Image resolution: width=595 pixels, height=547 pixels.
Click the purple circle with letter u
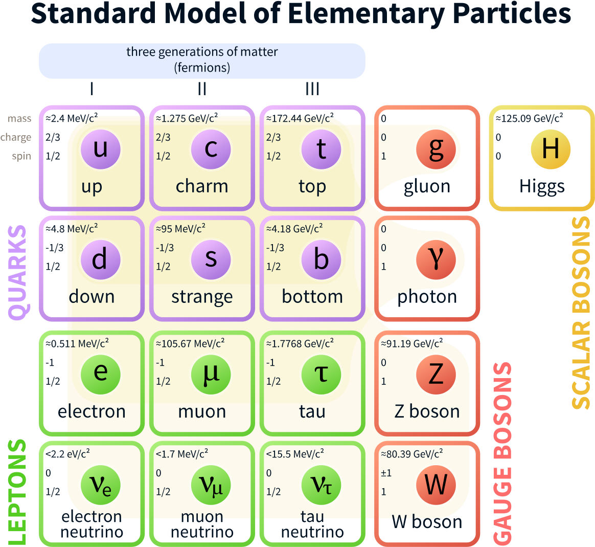[101, 149]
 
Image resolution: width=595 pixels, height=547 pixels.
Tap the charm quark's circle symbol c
[211, 149]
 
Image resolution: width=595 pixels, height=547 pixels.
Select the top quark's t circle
[321, 149]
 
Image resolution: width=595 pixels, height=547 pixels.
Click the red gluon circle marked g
[436, 149]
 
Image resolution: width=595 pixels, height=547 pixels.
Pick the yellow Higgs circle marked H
[551, 149]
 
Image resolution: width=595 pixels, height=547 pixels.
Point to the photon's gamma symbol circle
[436, 259]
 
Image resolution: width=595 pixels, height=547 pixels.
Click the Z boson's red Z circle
[436, 374]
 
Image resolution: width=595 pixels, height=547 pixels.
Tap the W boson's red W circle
[436, 485]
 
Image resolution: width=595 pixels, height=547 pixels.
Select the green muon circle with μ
[211, 374]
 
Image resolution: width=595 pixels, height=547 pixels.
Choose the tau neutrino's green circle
[321, 485]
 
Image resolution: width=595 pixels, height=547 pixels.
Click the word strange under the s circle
[202, 297]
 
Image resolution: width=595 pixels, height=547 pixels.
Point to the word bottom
[312, 297]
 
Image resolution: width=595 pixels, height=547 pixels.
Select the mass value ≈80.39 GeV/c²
[411, 454]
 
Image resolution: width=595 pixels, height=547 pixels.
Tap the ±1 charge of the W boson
[386, 473]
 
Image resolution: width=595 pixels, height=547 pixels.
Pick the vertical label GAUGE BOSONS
[502, 453]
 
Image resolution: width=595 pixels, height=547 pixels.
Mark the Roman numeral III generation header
[312, 89]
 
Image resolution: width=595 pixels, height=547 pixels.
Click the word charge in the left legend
[16, 137]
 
